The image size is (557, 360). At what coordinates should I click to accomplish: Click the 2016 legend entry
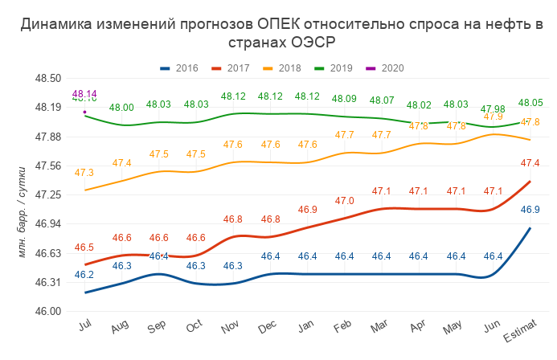pyautogui.click(x=181, y=68)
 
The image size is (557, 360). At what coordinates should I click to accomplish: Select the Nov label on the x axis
pyautogui.click(x=231, y=328)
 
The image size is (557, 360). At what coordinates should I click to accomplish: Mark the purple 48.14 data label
pyautogui.click(x=84, y=93)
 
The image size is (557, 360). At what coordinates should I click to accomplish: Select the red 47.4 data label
pyautogui.click(x=530, y=163)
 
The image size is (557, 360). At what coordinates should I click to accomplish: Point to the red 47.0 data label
pyautogui.click(x=344, y=200)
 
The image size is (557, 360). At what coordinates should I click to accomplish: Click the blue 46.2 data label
pyautogui.click(x=84, y=275)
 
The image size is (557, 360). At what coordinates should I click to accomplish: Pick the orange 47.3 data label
pyautogui.click(x=84, y=173)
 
